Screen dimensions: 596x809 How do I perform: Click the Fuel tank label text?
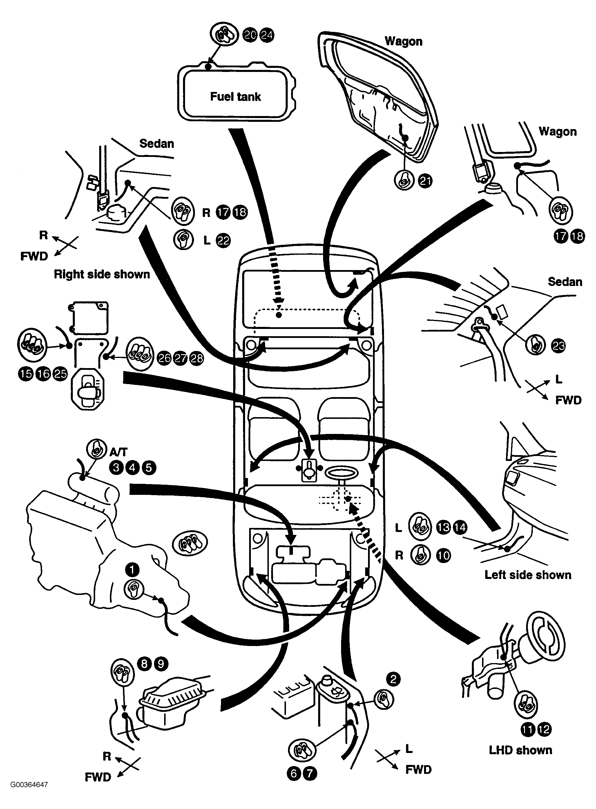pos(235,97)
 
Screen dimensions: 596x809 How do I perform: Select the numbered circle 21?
pos(425,181)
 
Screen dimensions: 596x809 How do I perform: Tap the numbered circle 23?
pos(559,346)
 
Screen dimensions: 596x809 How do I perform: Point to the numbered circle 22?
pos(223,240)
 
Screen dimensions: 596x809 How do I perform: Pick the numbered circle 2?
pos(393,679)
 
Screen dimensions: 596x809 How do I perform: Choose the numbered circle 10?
pos(444,555)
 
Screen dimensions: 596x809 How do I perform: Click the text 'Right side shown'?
pos(102,274)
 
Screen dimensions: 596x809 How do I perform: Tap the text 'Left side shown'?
pos(528,575)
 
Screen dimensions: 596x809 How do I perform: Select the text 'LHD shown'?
pos(521,750)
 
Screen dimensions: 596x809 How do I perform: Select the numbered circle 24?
pos(267,35)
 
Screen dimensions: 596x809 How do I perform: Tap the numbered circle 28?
pos(197,358)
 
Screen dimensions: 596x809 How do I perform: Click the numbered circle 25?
pos(60,374)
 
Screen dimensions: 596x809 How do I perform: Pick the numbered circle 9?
pos(161,664)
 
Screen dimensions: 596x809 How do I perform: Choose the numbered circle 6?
pos(294,774)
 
